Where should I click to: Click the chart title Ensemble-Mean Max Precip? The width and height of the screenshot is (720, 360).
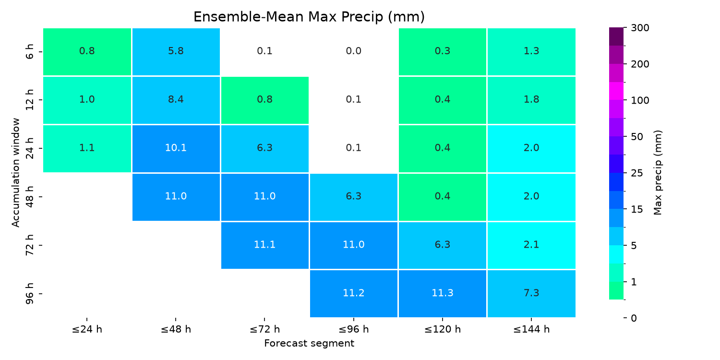(309, 17)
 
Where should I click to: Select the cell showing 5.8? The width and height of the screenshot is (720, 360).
(176, 52)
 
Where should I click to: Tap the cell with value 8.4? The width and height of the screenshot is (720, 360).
(176, 100)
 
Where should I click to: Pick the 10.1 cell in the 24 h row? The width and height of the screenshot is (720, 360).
(176, 149)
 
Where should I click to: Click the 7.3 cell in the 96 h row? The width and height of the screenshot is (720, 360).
(531, 294)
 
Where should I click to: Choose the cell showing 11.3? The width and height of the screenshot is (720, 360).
(442, 294)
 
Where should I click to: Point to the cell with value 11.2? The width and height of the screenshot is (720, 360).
(354, 294)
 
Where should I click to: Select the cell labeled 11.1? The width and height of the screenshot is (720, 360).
(265, 245)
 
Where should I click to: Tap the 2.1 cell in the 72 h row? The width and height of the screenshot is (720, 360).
(531, 245)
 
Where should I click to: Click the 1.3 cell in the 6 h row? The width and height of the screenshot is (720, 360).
(531, 52)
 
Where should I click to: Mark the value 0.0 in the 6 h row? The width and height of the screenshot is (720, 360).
(354, 51)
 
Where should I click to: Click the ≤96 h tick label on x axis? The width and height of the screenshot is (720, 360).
(354, 329)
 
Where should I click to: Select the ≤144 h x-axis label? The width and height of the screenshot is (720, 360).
(531, 329)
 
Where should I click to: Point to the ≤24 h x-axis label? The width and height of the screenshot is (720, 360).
(87, 329)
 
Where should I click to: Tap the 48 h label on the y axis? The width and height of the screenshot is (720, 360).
(30, 196)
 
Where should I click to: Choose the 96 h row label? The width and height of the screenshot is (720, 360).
(30, 293)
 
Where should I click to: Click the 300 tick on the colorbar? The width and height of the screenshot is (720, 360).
(640, 28)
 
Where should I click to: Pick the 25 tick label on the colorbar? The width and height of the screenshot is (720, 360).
(637, 173)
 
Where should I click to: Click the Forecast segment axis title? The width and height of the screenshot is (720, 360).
(309, 344)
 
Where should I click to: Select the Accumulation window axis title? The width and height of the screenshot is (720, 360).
(16, 173)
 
